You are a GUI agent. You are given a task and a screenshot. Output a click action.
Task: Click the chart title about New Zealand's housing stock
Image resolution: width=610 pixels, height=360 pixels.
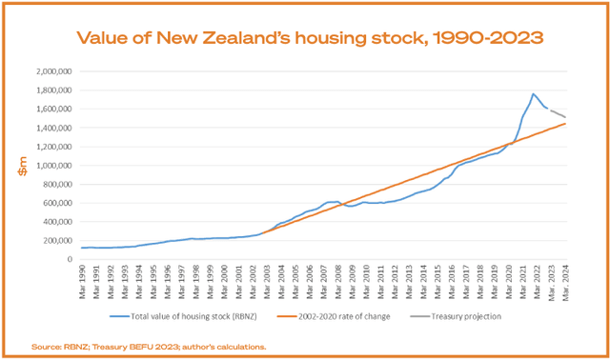point(305,38)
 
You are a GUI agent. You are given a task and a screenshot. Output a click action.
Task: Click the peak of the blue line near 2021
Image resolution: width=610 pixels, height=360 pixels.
point(533,93)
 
